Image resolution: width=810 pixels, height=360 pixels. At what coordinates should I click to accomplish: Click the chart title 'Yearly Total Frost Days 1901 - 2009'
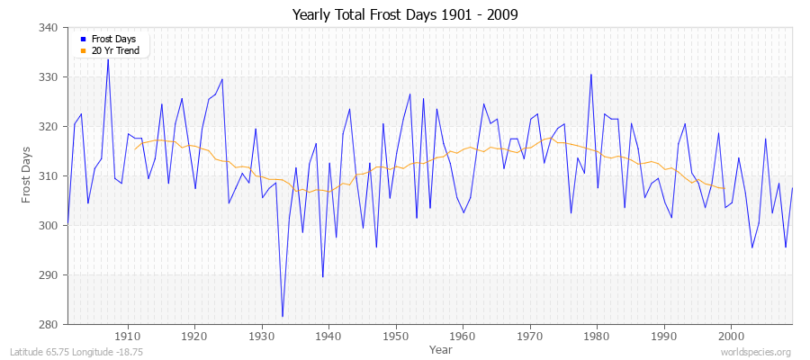405,15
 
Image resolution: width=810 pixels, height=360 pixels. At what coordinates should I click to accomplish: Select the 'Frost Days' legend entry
113,39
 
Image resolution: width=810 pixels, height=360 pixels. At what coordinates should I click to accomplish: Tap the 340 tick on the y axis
50,28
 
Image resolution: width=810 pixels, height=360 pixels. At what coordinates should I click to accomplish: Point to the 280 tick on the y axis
50,324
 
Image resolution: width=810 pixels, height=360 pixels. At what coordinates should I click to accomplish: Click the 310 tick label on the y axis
50,176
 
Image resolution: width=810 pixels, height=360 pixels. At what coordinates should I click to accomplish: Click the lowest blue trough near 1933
283,316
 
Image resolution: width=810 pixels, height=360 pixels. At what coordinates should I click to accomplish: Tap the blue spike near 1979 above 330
590,75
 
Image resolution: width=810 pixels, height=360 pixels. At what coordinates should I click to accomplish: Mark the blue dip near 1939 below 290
322,276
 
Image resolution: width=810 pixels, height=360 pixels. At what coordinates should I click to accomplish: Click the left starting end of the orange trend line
135,148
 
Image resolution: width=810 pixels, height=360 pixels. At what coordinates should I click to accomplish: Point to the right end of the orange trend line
723,188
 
